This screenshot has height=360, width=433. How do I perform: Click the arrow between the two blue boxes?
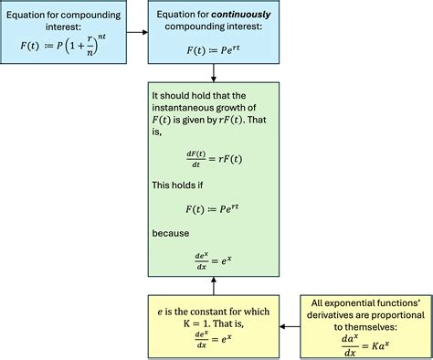tap(134, 32)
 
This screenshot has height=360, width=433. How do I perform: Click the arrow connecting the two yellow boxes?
tap(288, 325)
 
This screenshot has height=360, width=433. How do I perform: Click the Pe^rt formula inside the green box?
tap(211, 209)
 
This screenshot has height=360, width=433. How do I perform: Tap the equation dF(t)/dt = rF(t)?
tap(211, 158)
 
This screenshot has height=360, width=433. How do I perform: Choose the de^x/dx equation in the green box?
tap(211, 259)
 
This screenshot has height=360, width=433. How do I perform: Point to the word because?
tap(172, 233)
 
